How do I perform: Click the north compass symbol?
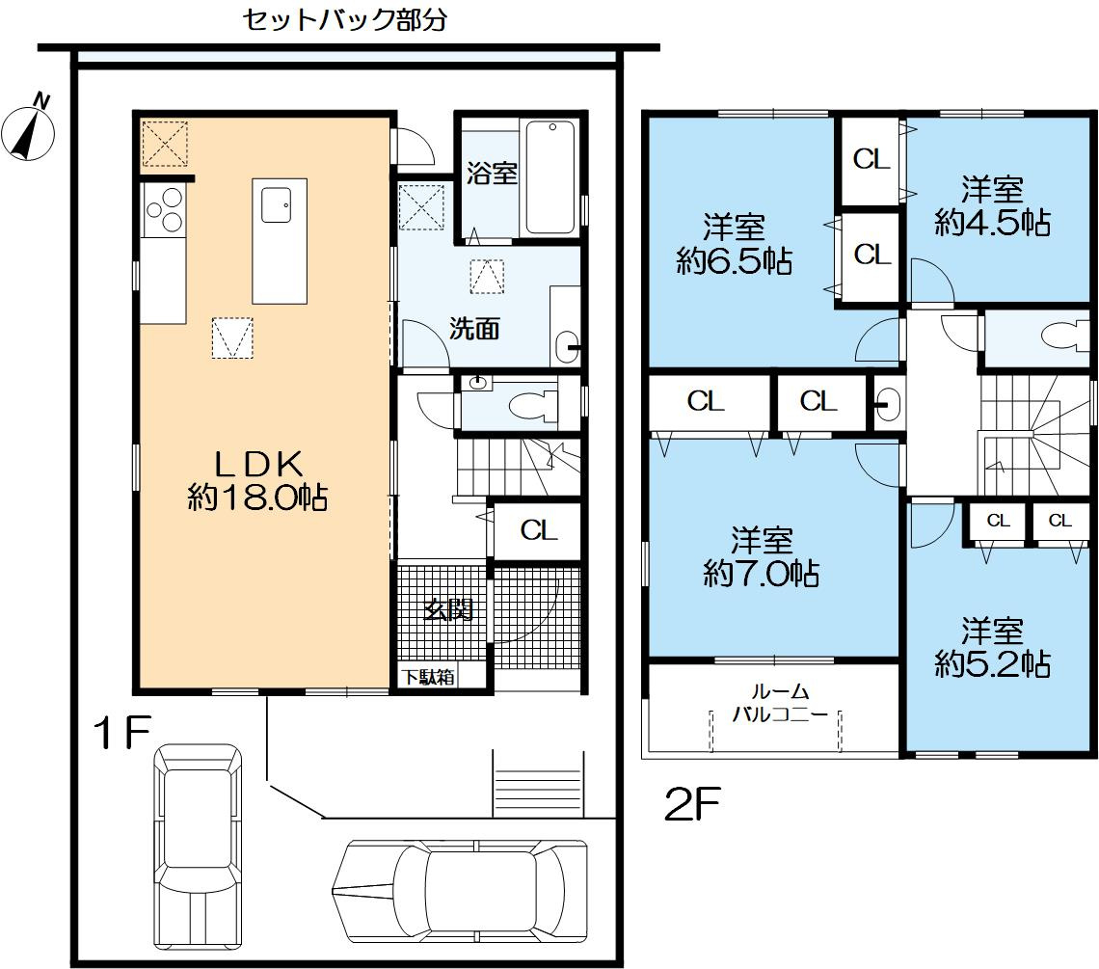[x=28, y=130]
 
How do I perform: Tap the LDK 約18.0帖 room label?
[x=257, y=481]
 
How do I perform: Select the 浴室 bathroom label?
[x=492, y=173]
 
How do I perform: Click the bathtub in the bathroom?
[x=550, y=177]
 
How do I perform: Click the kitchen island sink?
[x=277, y=204]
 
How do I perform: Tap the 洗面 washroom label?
[x=474, y=328]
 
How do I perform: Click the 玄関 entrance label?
[x=448, y=610]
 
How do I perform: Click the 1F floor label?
[x=122, y=732]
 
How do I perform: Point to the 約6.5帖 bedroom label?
[x=734, y=245]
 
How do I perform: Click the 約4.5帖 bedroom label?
[x=992, y=206]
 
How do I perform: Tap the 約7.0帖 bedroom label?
[x=762, y=557]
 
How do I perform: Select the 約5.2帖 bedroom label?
[x=992, y=647]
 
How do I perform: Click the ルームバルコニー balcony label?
[x=780, y=703]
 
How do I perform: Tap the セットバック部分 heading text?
[x=344, y=19]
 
